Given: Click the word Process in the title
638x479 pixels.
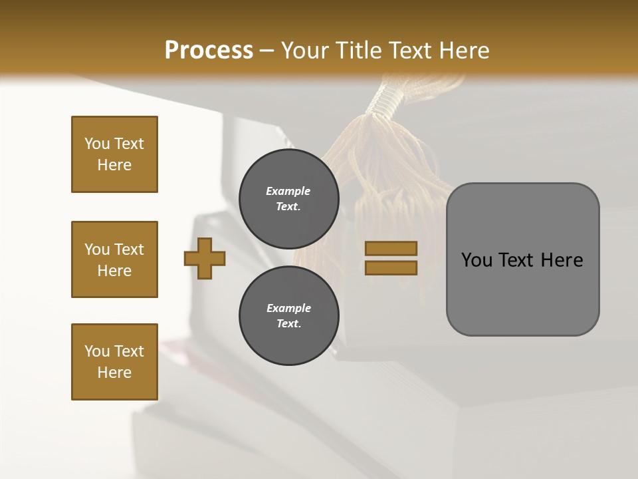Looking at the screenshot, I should point(209,50).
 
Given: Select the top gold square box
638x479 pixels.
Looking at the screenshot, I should point(114,154).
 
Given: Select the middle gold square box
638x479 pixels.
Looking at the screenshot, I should point(114,259).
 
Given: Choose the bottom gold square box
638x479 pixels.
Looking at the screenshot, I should point(114,362).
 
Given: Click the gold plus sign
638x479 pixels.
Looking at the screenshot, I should point(205,258).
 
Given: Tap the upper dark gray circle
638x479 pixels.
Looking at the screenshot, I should point(288,199).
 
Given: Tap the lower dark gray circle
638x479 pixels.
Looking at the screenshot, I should point(288,316).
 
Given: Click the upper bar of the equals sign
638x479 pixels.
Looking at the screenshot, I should point(391,248).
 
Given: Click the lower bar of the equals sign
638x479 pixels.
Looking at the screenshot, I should point(391,267).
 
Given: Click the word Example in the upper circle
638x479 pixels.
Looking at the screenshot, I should point(288,191).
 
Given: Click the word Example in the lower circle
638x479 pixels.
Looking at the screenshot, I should point(288,308).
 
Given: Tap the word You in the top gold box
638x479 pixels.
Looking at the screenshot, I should point(97,144).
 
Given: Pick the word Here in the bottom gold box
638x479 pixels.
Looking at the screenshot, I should point(114,373).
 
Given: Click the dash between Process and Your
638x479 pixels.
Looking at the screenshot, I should point(267,51).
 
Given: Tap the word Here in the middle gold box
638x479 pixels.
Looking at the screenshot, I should point(114,271).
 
